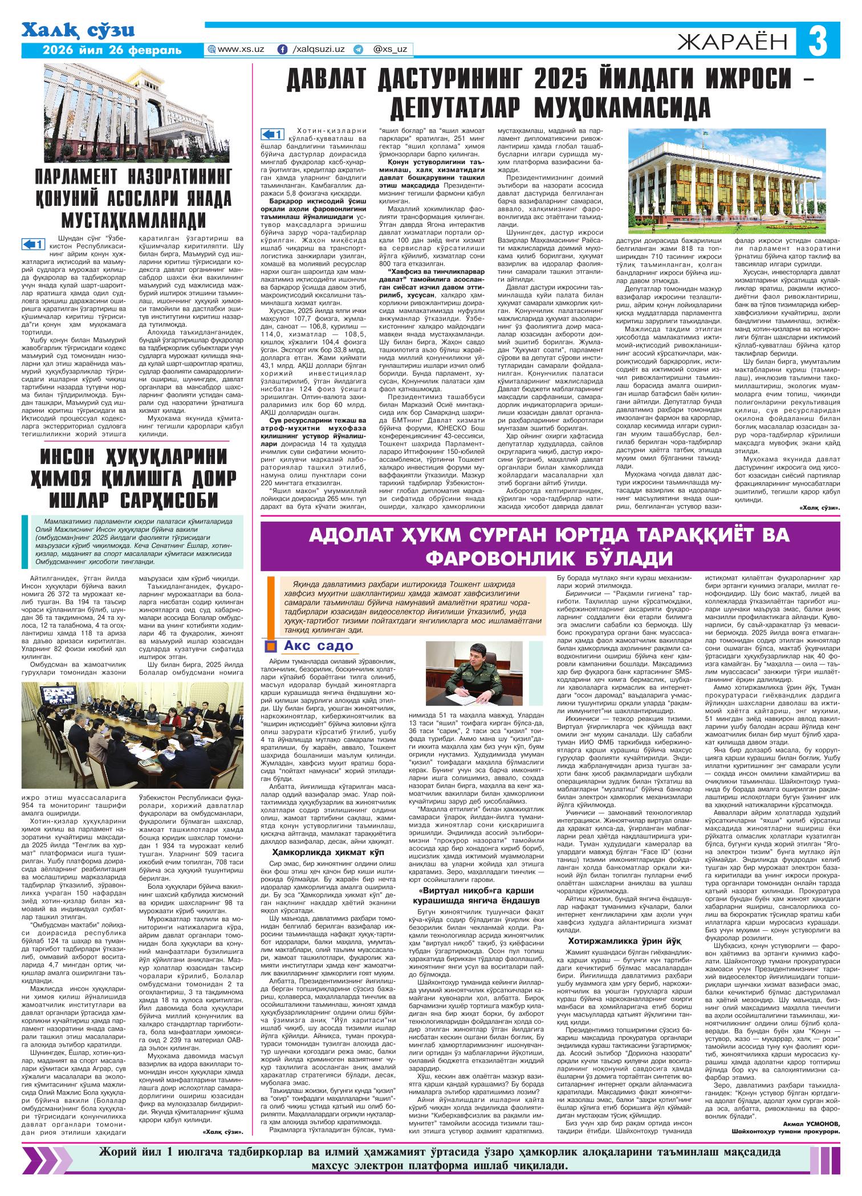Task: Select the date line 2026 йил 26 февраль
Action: tap(112, 50)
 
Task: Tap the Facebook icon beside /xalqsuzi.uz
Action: tap(282, 50)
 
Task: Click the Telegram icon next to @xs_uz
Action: tap(358, 50)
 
